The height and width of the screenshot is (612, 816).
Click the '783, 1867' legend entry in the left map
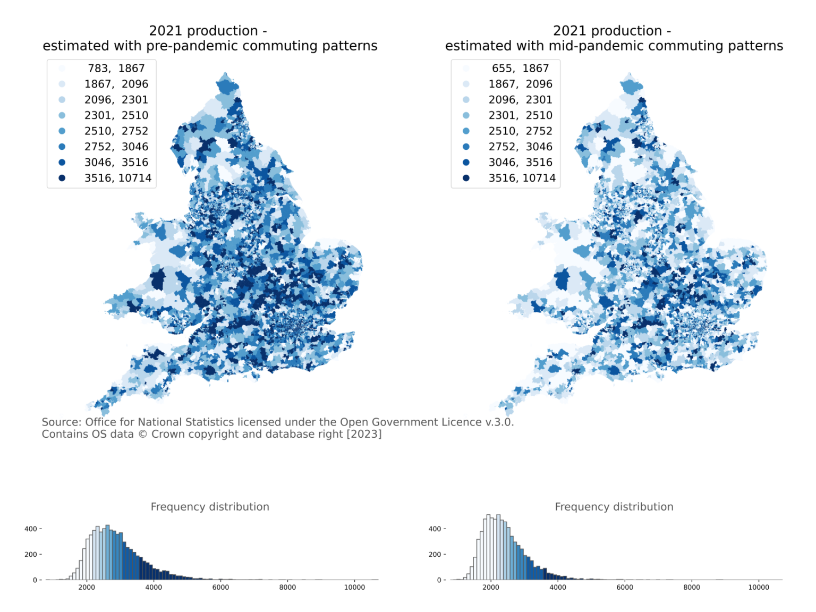click(x=116, y=69)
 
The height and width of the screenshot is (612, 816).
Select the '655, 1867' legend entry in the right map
click(x=520, y=69)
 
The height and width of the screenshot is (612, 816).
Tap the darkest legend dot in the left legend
click(x=62, y=178)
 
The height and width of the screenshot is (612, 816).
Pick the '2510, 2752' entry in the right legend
click(x=520, y=131)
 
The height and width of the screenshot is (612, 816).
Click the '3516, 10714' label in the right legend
click(x=522, y=178)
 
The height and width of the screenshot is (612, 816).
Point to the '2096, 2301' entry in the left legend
click(x=116, y=100)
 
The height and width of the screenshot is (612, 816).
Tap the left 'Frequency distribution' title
click(x=210, y=507)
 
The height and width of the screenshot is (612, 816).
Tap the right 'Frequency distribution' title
click(x=614, y=507)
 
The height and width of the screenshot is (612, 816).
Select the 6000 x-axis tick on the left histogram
click(x=220, y=588)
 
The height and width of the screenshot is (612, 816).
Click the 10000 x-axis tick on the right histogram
click(x=759, y=588)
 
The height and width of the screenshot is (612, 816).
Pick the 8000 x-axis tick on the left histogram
click(x=287, y=588)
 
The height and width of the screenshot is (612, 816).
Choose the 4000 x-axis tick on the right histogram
click(x=558, y=588)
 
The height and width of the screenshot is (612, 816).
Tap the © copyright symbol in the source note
click(x=142, y=435)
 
